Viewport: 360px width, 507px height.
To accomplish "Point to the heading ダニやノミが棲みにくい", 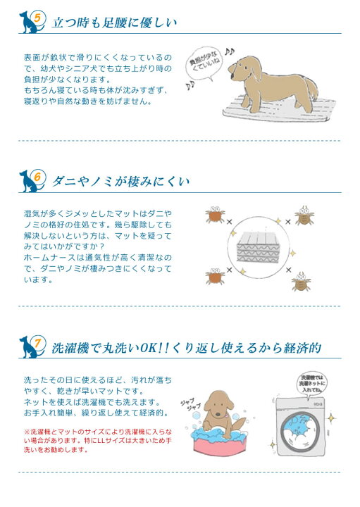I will [x=121, y=182].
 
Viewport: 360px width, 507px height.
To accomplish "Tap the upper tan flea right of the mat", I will [x=304, y=216].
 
